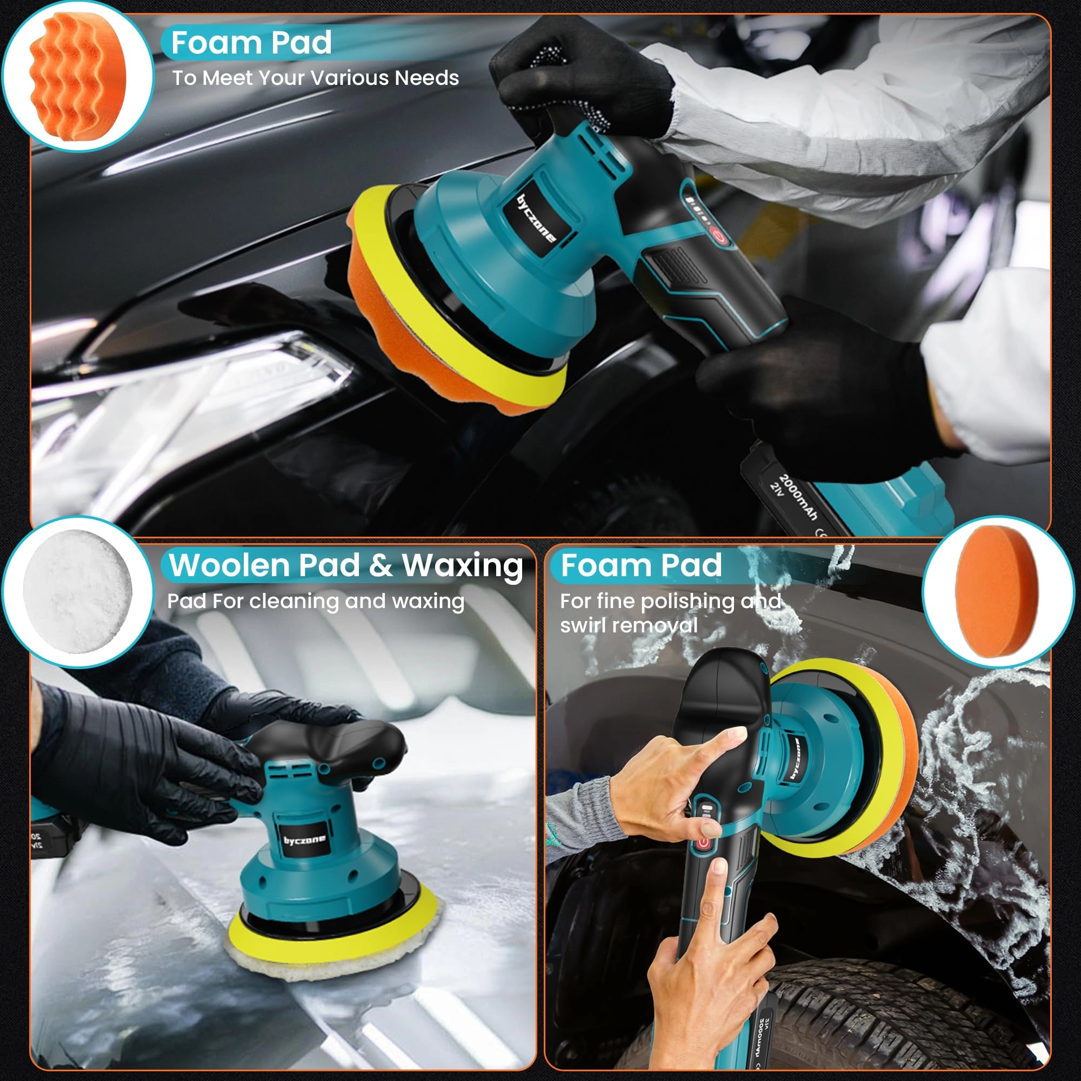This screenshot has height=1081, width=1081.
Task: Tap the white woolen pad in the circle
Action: pyautogui.click(x=77, y=591)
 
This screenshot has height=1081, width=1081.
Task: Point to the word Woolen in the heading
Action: pyautogui.click(x=233, y=565)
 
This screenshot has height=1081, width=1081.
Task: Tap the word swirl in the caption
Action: pyautogui.click(x=583, y=625)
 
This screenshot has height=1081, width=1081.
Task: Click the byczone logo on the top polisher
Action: pyautogui.click(x=536, y=219)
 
